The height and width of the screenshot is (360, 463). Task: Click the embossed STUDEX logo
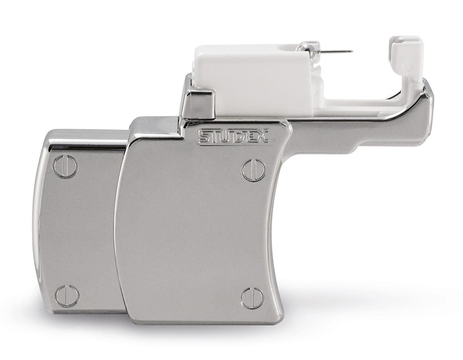click(x=234, y=136)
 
